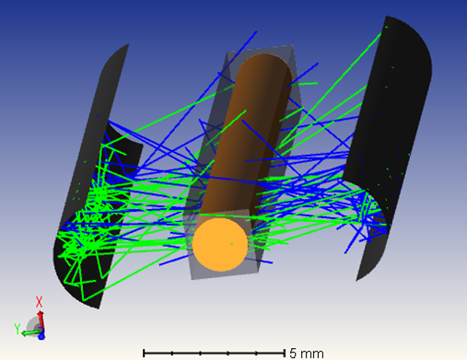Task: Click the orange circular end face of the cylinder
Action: click(220, 244)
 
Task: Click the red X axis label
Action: click(40, 301)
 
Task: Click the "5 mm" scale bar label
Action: click(306, 353)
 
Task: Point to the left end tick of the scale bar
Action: click(143, 353)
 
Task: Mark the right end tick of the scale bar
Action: click(283, 353)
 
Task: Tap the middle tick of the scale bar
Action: click(213, 353)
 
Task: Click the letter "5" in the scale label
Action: click(294, 353)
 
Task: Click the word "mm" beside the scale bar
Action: click(311, 353)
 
